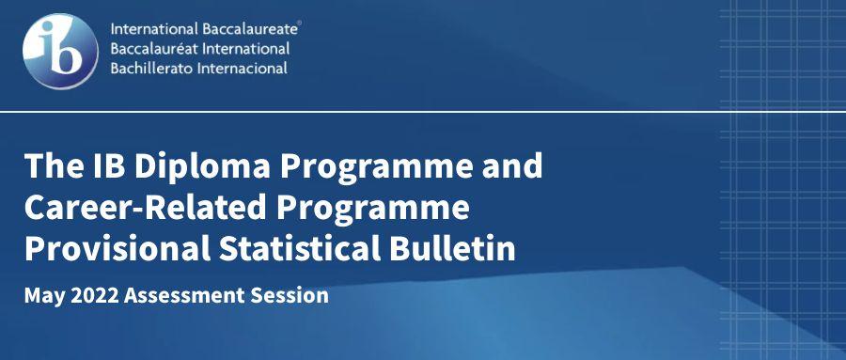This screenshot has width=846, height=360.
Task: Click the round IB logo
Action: [x=60, y=52]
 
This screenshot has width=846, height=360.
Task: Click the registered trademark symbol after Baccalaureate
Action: [x=300, y=23]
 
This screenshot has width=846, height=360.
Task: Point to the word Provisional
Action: [x=117, y=249]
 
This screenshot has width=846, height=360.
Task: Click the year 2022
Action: [x=94, y=295]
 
